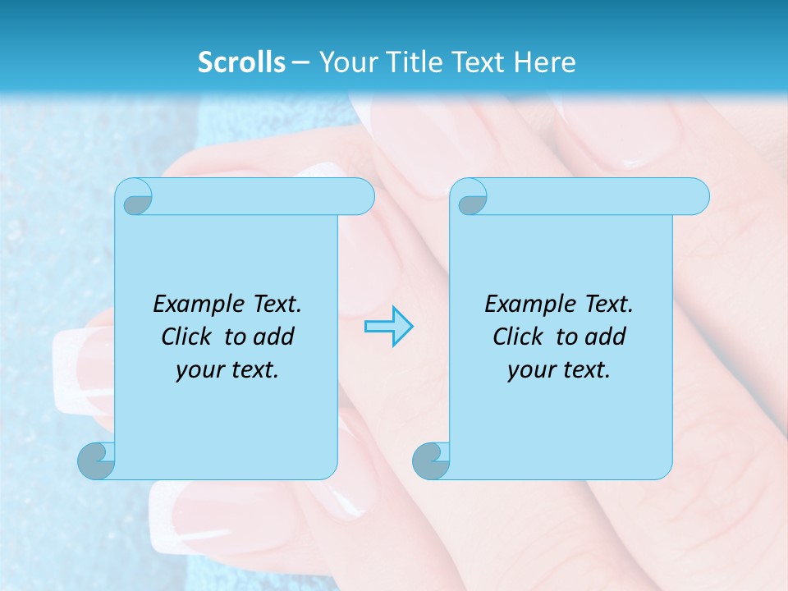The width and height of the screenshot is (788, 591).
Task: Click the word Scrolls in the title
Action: point(241,62)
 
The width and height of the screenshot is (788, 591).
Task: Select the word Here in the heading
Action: point(545,62)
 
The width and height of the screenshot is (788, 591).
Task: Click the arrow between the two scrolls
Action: point(388,327)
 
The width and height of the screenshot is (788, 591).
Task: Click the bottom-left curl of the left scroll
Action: point(97,460)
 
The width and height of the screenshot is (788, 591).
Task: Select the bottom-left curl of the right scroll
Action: point(431,460)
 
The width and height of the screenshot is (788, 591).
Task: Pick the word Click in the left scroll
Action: point(187,337)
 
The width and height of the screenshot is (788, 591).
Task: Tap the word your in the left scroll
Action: point(199,370)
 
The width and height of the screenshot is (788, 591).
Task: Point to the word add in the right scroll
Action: point(607,337)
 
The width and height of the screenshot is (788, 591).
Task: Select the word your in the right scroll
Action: point(530,370)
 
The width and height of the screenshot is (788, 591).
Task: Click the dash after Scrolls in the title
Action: point(300,62)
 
